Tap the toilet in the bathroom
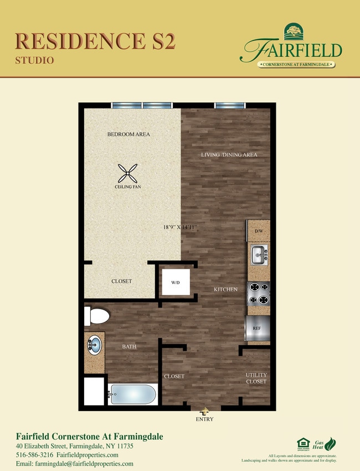[96, 316]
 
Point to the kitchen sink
[258, 255]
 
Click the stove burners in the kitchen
[258, 294]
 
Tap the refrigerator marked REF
[256, 328]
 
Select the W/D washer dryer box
[175, 283]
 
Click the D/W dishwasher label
[258, 230]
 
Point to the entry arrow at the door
[205, 412]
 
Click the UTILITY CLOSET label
[256, 378]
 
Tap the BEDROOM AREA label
[128, 134]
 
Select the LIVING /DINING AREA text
[229, 155]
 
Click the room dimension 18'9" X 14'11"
[181, 227]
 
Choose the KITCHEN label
[226, 289]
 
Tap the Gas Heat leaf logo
[330, 444]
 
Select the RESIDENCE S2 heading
[95, 41]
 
